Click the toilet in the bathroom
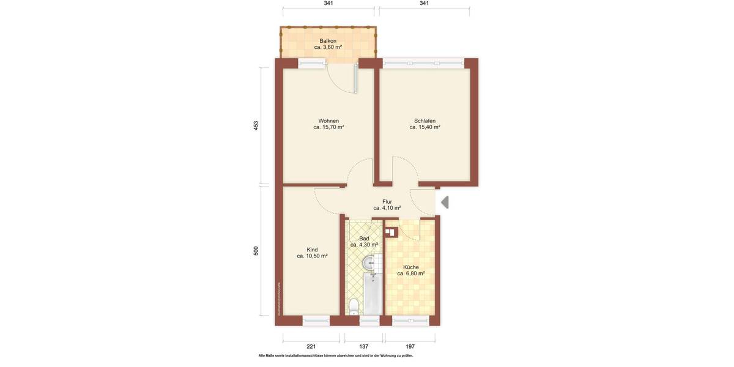point(353,305)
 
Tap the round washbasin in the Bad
point(369,263)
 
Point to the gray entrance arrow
point(445,202)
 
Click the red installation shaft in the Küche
point(391,232)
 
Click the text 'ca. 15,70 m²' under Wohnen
point(328,127)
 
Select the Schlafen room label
point(424,120)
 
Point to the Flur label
point(387,201)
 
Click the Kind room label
point(312,250)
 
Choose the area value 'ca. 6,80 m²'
point(411,273)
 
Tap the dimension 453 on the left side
point(256,125)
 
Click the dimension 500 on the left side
point(256,251)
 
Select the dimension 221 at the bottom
point(311,346)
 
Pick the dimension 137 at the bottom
point(364,346)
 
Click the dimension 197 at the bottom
point(410,346)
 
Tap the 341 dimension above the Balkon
point(328,3)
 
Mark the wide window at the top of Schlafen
point(423,62)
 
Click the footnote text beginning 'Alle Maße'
point(336,355)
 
